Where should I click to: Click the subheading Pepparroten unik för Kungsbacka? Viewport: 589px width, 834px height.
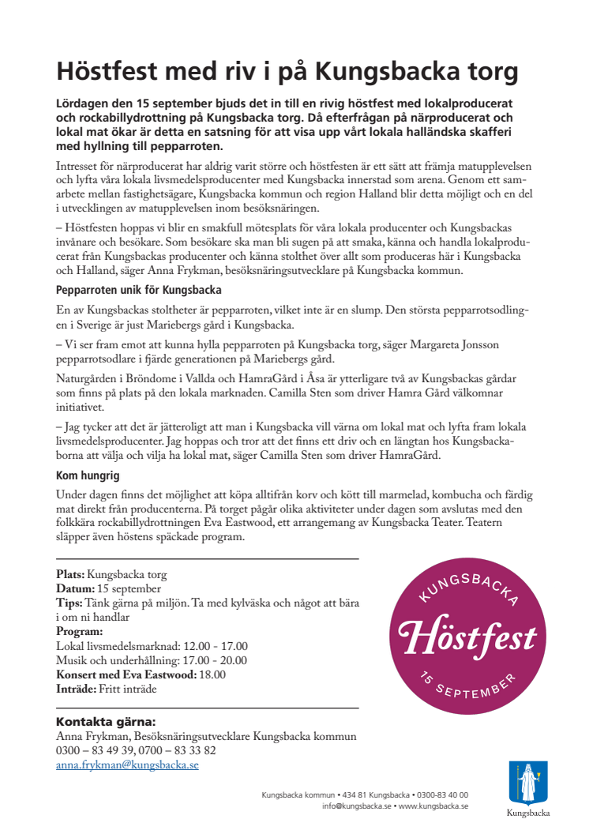138,290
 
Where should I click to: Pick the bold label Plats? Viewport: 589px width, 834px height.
70,574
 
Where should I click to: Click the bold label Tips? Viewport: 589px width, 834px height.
69,603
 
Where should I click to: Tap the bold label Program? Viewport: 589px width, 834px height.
80,631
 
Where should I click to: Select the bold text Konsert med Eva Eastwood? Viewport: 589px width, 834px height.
126,674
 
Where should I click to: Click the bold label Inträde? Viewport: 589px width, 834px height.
76,688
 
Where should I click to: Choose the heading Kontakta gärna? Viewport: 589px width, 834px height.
106,722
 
